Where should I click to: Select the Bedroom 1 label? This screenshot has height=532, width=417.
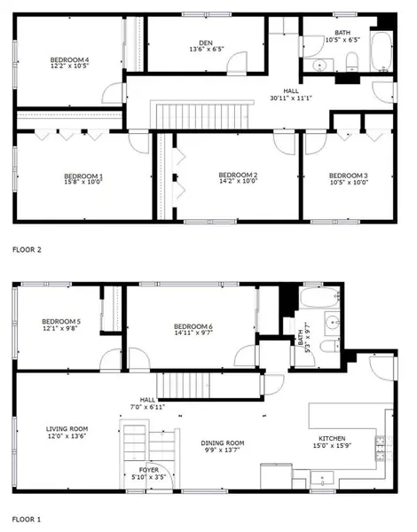click(83, 176)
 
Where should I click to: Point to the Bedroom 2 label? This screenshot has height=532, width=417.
click(238, 176)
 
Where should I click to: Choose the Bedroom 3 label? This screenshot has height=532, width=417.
click(348, 176)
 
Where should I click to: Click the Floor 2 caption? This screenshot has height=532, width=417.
click(26, 250)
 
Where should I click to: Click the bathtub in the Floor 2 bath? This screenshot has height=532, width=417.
click(382, 52)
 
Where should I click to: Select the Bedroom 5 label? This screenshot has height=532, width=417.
click(61, 321)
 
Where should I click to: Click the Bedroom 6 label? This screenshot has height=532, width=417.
click(193, 325)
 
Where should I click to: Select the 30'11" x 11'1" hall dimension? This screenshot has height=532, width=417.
click(291, 98)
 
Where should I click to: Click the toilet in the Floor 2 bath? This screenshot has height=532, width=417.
click(351, 60)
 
